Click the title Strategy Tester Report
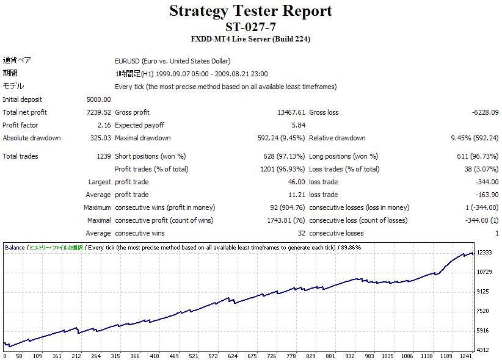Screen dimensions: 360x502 (x=250, y=11)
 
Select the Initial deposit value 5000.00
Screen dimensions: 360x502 (x=99, y=99)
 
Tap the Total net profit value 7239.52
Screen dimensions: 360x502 (x=99, y=112)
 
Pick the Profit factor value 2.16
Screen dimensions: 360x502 (x=104, y=125)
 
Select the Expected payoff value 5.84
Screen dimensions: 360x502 (x=297, y=125)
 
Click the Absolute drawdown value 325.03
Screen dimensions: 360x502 (x=100, y=138)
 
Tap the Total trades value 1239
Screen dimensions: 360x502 (x=103, y=156)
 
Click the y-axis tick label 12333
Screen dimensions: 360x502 (x=484, y=252)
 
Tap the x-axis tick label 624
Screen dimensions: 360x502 (x=233, y=356)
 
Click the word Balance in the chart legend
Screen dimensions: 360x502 (x=15, y=248)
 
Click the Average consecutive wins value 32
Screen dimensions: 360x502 (x=301, y=233)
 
